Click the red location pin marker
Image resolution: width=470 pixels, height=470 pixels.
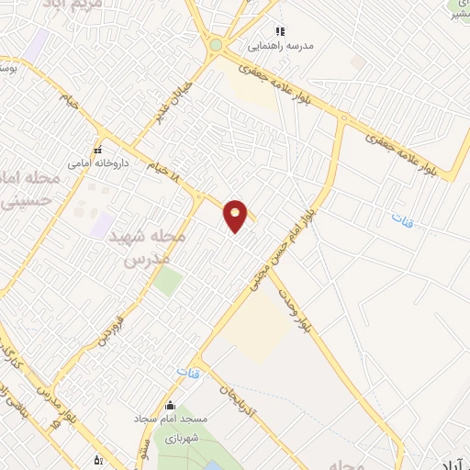coord(236,216)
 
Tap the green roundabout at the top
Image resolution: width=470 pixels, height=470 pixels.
coord(216,44)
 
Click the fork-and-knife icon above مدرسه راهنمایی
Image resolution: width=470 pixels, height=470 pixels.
coord(280,31)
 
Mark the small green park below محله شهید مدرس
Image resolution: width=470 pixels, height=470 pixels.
coord(167,281)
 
